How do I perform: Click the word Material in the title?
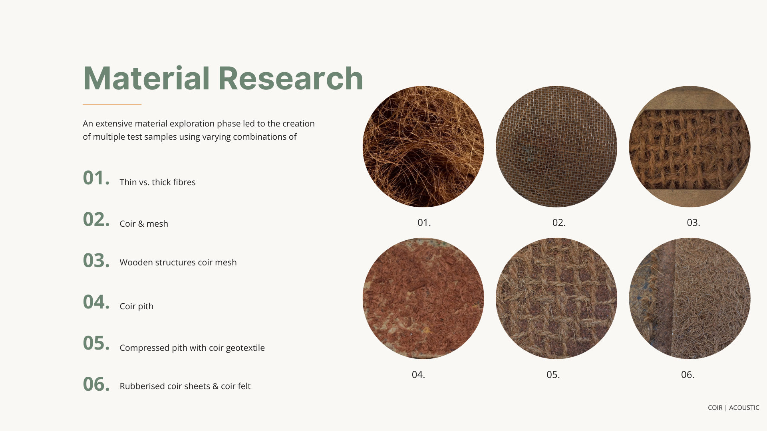coord(146,78)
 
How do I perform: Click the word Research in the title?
coord(290,78)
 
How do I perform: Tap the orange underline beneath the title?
coord(112,104)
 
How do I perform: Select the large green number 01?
coord(96,178)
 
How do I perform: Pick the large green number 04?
coord(96,302)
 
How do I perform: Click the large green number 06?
coord(96,384)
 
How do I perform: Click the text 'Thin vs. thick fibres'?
coord(157,182)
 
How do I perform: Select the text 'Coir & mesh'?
coord(144,224)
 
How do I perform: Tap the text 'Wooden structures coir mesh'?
coord(178,263)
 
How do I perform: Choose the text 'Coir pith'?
coord(136,306)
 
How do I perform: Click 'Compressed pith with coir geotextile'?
coord(192,348)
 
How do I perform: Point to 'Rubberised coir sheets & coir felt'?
coord(185,386)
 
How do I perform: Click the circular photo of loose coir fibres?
coord(423,146)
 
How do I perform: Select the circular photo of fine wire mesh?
coord(556,146)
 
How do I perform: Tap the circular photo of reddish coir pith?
coord(423,299)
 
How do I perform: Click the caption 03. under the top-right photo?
coord(693,223)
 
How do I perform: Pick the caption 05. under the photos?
coord(553,375)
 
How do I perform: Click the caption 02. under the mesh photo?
coord(558,223)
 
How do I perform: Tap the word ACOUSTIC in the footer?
coord(744,408)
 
